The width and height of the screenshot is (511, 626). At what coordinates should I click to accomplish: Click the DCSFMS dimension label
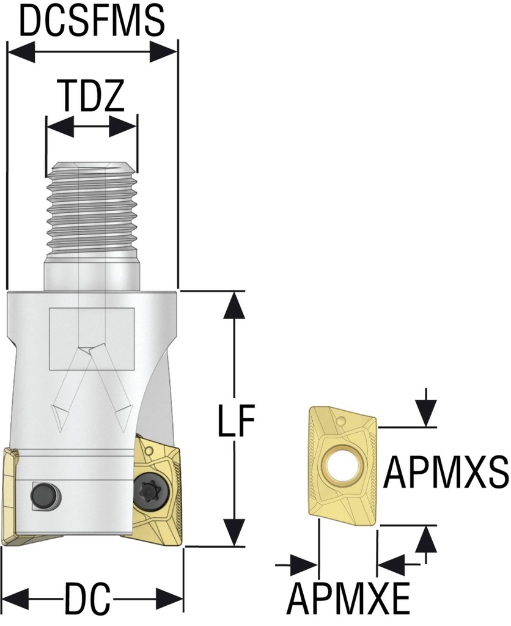[x=92, y=21]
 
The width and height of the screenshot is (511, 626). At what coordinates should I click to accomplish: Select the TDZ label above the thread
[x=91, y=96]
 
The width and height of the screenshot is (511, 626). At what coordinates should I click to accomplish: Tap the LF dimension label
[x=236, y=421]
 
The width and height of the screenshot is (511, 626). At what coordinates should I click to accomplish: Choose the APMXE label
[x=349, y=600]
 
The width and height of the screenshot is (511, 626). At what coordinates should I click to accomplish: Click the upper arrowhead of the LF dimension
[x=235, y=306]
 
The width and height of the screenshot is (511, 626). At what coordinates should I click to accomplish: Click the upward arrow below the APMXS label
[x=426, y=542]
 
